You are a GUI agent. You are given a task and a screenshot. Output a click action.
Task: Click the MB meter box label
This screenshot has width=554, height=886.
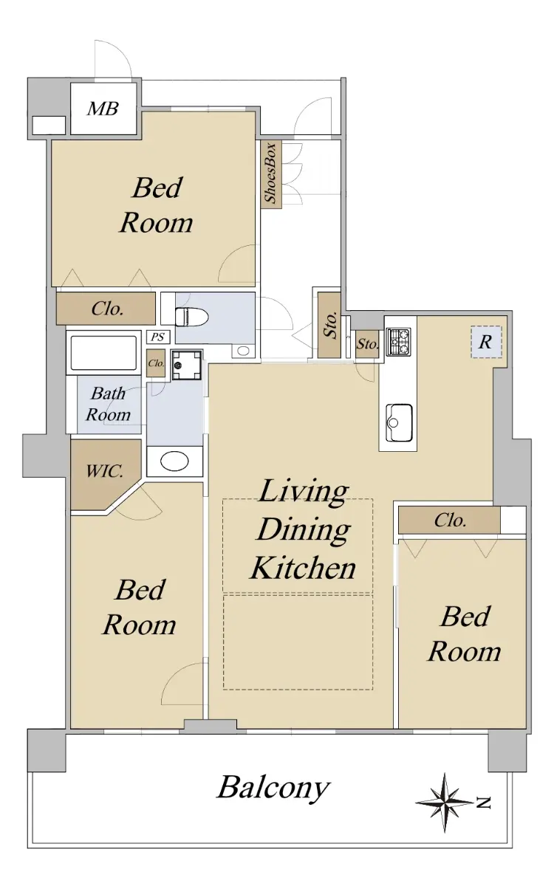103,109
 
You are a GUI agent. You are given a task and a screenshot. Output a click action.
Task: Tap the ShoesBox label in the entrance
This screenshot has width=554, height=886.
270,174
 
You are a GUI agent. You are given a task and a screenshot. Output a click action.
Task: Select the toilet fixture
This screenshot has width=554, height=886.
191,317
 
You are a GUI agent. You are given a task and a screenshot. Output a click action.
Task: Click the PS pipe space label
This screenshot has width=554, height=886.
158,337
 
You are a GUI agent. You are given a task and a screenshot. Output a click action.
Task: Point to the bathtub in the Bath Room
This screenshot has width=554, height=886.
104,353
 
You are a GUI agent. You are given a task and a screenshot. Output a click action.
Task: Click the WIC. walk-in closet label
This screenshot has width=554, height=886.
104,471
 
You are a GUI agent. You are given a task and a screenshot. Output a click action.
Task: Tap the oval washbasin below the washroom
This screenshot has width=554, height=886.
174,461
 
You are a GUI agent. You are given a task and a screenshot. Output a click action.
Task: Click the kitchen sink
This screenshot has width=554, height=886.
399,422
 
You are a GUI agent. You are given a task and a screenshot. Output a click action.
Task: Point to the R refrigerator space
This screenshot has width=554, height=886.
486,342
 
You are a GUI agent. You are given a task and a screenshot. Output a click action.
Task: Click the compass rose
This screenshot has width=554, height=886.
445,802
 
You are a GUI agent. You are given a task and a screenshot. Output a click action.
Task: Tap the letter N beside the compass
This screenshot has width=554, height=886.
484,803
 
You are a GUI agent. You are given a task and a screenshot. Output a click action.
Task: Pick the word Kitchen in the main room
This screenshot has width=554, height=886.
303,568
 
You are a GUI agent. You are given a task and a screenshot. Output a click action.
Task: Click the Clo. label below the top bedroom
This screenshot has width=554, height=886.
107,309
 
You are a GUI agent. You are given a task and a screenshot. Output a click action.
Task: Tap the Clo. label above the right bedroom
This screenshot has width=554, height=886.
450,521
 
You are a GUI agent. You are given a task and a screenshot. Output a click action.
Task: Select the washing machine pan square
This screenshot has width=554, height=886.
187,365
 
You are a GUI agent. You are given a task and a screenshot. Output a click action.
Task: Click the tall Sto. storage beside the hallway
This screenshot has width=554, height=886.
330,325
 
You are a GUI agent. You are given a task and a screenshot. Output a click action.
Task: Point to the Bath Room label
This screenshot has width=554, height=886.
108,404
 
